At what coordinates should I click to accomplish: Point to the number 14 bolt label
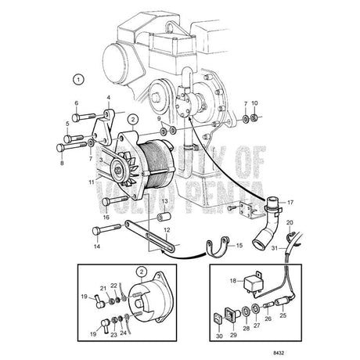point(98,246)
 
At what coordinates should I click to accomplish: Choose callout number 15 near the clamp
point(239,246)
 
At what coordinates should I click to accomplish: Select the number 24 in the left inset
point(123,333)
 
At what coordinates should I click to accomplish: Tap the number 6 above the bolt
point(76,103)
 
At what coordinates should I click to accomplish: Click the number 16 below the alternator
point(106,217)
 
